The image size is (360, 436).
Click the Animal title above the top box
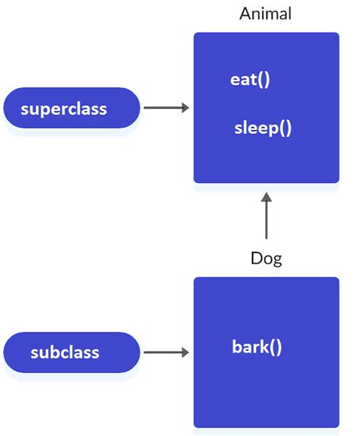point(266,14)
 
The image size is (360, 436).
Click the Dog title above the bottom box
point(266,258)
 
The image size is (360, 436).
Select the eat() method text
point(250,80)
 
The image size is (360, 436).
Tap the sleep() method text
point(263,128)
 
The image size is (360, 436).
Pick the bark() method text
point(257,348)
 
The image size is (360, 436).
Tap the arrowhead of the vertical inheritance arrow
point(266,197)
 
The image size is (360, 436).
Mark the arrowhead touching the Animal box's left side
point(185,109)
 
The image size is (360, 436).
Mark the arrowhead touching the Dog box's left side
point(185,352)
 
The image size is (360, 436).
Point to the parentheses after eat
point(264,80)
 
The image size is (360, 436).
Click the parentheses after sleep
point(284,128)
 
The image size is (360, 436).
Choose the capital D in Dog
point(256,258)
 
